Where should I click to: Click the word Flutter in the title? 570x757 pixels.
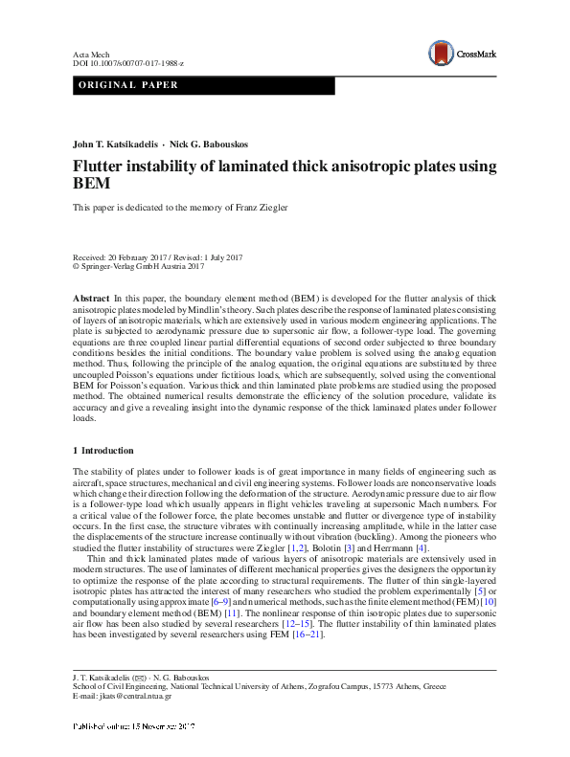[101, 167]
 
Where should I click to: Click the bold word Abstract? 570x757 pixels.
[91, 300]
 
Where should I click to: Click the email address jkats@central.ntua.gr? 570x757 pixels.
[136, 696]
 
